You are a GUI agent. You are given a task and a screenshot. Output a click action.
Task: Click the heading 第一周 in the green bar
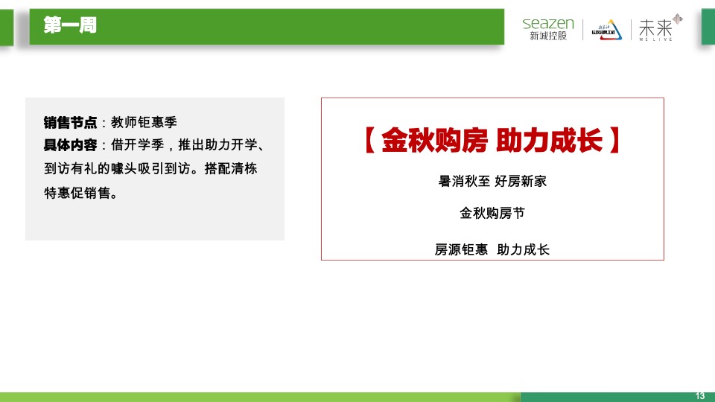70,26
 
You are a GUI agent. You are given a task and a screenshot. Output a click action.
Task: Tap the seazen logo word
548,23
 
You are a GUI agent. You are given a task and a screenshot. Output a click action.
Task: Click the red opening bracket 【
368,141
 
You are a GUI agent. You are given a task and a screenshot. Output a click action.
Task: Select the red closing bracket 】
614,141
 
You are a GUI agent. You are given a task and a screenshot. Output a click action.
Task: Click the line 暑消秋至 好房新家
492,181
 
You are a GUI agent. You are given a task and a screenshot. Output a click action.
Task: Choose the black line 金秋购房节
492,214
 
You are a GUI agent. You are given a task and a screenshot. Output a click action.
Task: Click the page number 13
699,395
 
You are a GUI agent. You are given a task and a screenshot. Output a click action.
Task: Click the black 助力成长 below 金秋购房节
524,250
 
